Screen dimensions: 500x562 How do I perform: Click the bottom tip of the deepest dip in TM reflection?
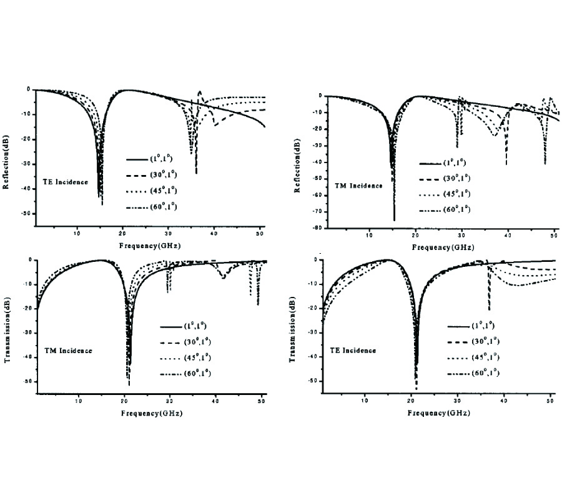click(x=394, y=220)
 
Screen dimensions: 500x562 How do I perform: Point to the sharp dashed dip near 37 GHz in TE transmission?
click(x=489, y=309)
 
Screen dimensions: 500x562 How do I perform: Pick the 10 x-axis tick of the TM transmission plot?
click(x=78, y=402)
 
